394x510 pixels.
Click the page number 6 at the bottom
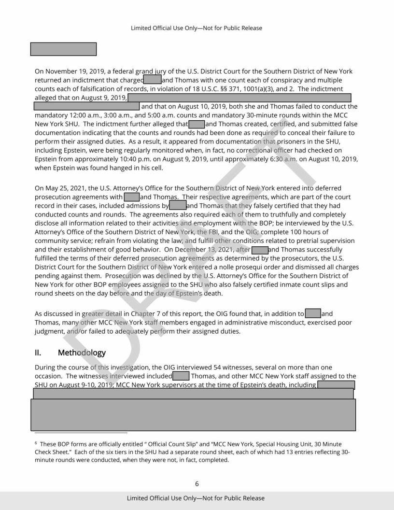[x=197, y=483]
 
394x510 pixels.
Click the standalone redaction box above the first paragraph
[x=63, y=49]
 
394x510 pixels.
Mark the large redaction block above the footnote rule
[x=194, y=414]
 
